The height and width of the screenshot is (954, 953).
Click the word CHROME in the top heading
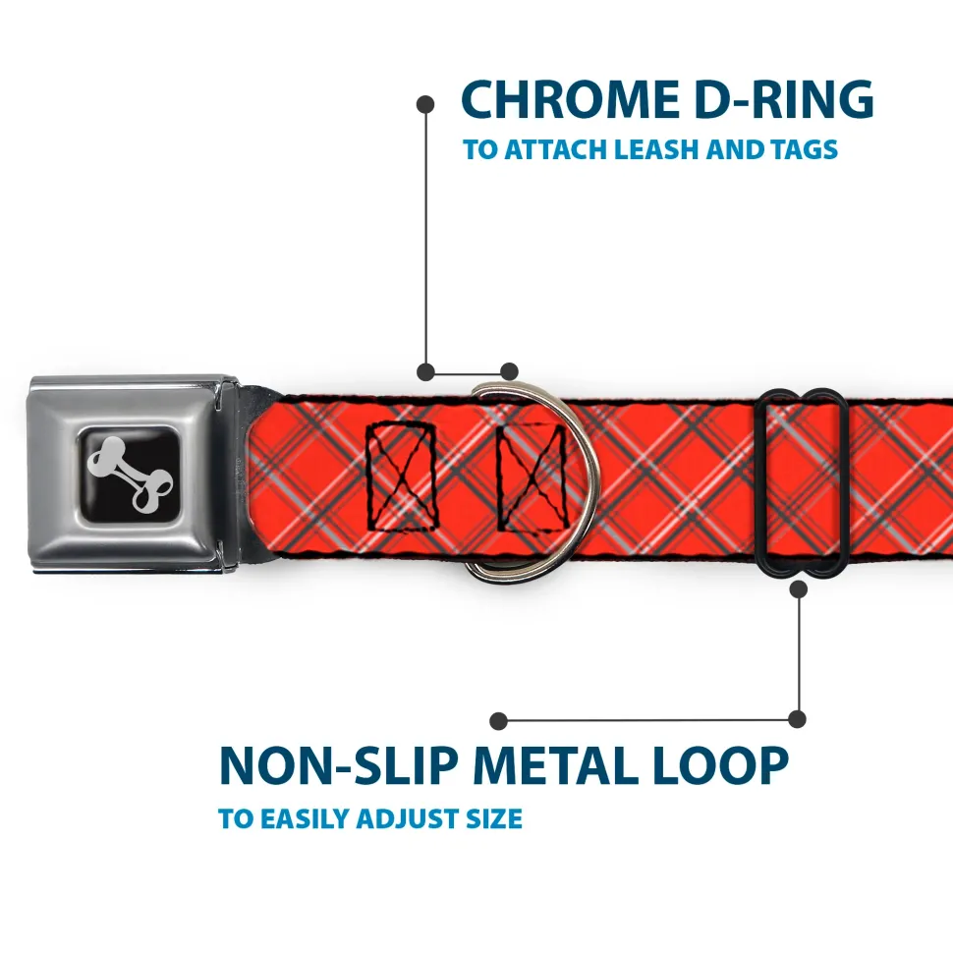tap(570, 99)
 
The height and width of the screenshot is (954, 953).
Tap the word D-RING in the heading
tap(784, 99)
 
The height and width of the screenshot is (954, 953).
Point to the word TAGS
tap(804, 149)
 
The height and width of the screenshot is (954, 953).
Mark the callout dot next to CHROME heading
tap(425, 105)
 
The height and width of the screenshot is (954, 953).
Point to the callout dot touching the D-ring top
tap(509, 371)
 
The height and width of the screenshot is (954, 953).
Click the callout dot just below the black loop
tap(798, 589)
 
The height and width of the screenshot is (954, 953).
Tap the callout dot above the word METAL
tap(498, 721)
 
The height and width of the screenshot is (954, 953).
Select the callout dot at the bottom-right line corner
tap(797, 719)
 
